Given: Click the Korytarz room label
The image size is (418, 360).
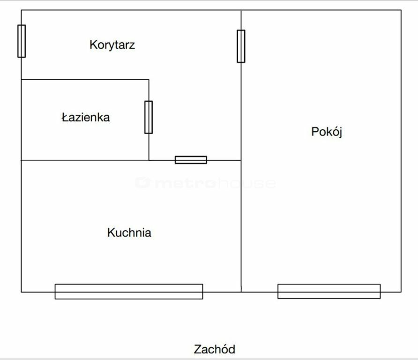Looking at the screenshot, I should (112, 45).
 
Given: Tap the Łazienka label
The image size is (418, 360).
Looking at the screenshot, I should (85, 117).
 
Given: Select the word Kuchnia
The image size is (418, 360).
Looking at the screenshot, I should (129, 232).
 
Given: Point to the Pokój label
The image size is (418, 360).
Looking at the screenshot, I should (327, 132).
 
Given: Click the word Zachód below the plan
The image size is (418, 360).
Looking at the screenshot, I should (214, 349).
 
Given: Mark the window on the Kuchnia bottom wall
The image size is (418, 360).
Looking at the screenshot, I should (129, 292).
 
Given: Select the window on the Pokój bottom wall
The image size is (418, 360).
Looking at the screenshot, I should (329, 292).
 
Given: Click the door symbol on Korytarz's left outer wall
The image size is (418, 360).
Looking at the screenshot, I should (22, 41).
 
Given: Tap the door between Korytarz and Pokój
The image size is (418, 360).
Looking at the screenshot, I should (241, 46).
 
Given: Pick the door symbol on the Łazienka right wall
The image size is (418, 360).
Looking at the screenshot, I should (149, 117).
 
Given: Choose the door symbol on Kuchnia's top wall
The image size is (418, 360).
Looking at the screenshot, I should (191, 160).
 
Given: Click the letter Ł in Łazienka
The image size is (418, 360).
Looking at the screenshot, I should (65, 117).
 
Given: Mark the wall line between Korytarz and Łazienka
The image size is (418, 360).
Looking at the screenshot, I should (84, 80).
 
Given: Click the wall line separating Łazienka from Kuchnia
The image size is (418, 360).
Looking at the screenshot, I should (84, 160).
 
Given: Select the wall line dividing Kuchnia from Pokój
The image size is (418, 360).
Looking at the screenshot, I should (241, 225).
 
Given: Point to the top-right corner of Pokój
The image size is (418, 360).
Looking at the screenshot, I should (401, 10).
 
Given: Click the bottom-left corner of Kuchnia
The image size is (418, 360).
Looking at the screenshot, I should (22, 292).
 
